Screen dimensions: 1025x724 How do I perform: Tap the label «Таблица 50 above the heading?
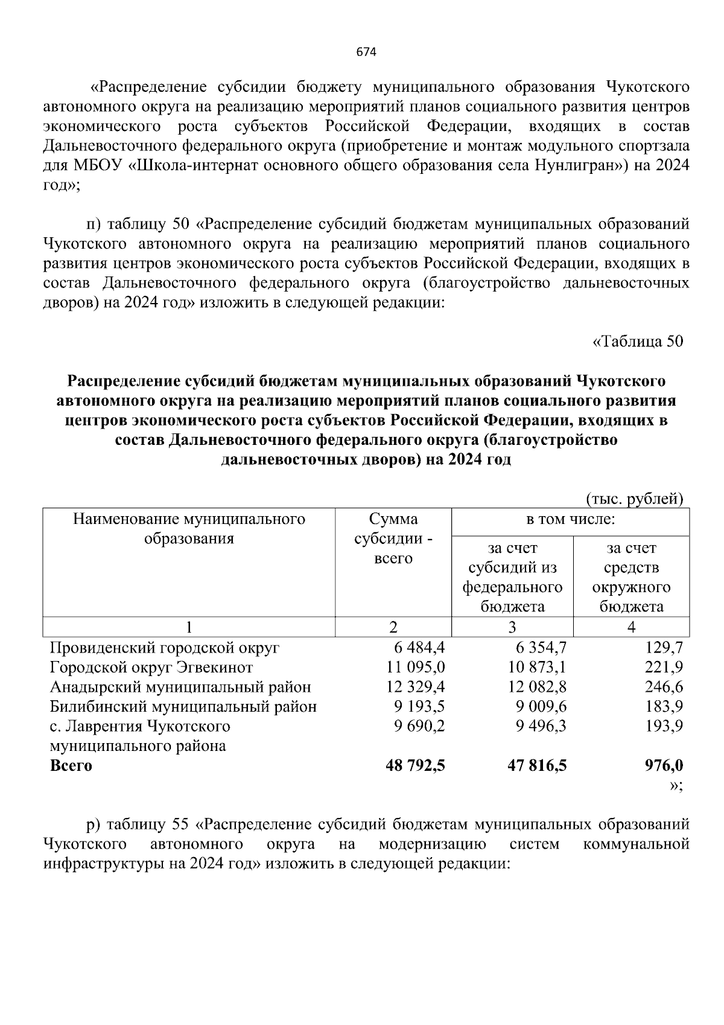pyautogui.click(x=638, y=342)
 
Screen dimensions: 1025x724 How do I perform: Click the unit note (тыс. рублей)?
pyautogui.click(x=635, y=499)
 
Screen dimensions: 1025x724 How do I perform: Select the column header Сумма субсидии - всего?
pyautogui.click(x=393, y=538)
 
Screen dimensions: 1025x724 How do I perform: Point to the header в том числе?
pyautogui.click(x=570, y=519)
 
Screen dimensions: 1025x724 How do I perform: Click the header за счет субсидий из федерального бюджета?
pyautogui.click(x=512, y=577)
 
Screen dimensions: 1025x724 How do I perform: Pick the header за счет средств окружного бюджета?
pyautogui.click(x=631, y=577)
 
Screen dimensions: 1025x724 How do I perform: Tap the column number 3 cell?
pyautogui.click(x=512, y=627)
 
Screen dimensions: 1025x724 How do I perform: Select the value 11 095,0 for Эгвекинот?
pyautogui.click(x=415, y=668)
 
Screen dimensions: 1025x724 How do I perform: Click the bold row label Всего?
pyautogui.click(x=71, y=765)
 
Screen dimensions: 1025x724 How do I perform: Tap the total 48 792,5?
pyautogui.click(x=415, y=765)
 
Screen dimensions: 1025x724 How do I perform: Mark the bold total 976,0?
pyautogui.click(x=664, y=765)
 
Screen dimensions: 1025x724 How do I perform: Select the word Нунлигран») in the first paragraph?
pyautogui.click(x=582, y=166)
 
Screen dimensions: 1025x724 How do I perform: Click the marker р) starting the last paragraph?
pyautogui.click(x=94, y=825)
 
